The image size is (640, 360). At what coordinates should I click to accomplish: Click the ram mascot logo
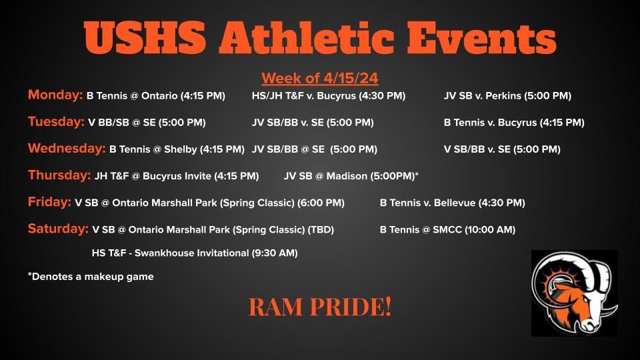tap(574, 293)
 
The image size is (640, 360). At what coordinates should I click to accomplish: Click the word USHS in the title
tap(145, 37)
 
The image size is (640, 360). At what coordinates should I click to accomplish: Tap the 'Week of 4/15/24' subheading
tap(320, 78)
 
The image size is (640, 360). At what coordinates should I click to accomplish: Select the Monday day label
tap(55, 95)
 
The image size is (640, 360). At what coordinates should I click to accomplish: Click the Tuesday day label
tap(56, 121)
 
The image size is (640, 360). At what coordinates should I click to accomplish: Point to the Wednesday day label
tap(67, 148)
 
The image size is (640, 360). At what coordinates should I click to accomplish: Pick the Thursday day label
tap(59, 175)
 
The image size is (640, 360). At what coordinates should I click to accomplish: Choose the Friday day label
tap(50, 201)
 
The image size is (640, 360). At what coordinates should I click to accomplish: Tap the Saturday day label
tap(59, 229)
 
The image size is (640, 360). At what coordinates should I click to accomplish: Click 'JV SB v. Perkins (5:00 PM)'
tap(507, 96)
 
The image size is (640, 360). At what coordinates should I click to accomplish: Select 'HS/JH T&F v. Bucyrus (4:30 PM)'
tap(329, 96)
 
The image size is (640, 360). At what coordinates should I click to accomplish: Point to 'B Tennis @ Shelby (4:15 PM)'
tap(177, 149)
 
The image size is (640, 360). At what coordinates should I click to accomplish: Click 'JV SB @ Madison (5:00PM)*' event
tap(351, 176)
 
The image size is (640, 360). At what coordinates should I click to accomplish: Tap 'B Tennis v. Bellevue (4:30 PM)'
tap(452, 203)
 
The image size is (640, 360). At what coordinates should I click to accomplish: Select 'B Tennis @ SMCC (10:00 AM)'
tap(447, 230)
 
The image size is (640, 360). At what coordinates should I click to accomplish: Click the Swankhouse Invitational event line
tap(195, 253)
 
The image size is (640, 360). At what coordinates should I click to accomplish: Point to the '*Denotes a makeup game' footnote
tap(91, 276)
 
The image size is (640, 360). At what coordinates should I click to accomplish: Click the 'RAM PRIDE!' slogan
tap(320, 307)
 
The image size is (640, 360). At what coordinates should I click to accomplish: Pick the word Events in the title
tap(481, 37)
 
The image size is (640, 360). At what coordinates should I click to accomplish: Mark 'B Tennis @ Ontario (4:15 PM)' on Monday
tap(156, 96)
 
